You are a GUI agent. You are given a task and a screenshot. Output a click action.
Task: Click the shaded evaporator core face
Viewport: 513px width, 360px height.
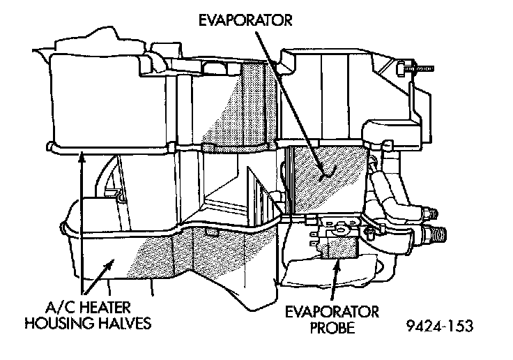click(x=321, y=181)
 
